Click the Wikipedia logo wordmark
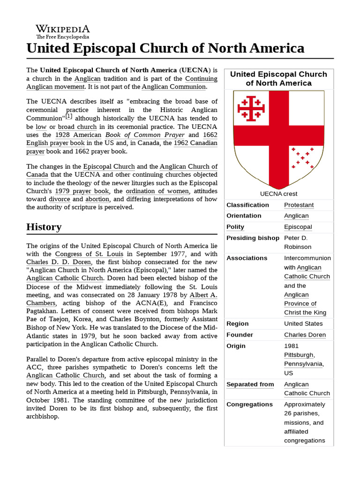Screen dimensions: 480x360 (x=63, y=29)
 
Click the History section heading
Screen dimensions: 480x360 (x=44, y=227)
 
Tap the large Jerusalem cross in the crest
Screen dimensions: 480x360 (x=251, y=109)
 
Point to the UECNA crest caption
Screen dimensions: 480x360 (x=278, y=194)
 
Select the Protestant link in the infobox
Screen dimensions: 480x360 (x=299, y=205)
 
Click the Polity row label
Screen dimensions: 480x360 (x=235, y=227)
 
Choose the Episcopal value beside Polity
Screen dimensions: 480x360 (x=298, y=227)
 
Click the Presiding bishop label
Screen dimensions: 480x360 (x=253, y=238)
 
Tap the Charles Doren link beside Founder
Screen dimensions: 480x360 (x=305, y=335)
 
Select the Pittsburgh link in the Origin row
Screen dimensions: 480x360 (x=299, y=355)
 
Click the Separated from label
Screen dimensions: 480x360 (x=250, y=384)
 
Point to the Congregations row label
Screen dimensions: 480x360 (x=249, y=404)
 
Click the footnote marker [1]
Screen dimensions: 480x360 (x=69, y=116)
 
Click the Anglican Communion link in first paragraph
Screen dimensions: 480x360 (x=173, y=87)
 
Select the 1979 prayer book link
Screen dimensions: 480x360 (x=82, y=191)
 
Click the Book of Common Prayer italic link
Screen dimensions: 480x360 (x=145, y=135)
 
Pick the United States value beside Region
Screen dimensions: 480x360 (x=303, y=323)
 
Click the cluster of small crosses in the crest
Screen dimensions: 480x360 (x=302, y=158)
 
